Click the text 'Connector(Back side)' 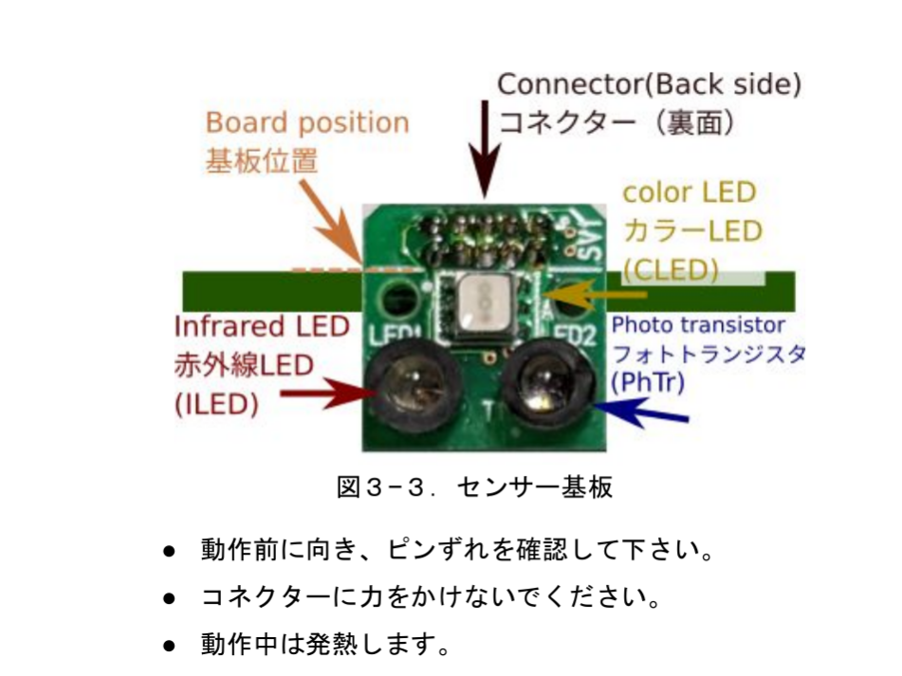click(649, 84)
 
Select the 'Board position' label click(307, 123)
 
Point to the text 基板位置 click(262, 160)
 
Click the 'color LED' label click(689, 192)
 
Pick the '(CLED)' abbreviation click(670, 270)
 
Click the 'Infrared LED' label click(262, 327)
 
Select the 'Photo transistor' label click(698, 325)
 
